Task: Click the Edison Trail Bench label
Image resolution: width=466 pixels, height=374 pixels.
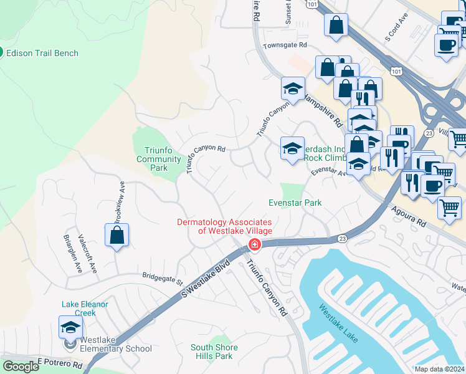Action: (42, 53)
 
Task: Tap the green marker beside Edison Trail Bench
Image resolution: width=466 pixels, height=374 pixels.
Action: (1, 53)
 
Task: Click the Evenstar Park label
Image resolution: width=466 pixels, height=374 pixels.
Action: (295, 203)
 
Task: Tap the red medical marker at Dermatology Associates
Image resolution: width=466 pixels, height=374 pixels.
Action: (254, 245)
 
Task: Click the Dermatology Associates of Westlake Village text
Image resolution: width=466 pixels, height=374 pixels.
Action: (225, 226)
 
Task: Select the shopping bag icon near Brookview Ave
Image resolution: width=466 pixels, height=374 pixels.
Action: (117, 235)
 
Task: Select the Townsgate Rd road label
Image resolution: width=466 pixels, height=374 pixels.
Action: (285, 46)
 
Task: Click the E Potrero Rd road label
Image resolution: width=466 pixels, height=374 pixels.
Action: (60, 363)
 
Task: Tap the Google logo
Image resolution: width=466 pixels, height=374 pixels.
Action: (21, 367)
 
